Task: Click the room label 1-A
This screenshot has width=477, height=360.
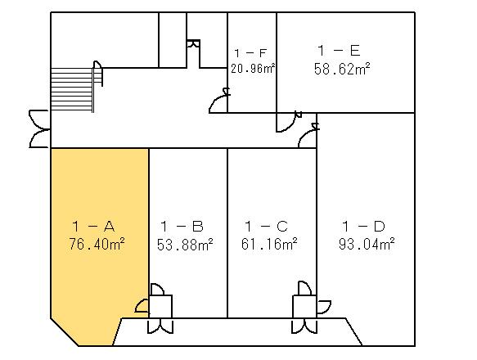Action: click(94, 227)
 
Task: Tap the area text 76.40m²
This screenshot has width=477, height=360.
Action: click(97, 244)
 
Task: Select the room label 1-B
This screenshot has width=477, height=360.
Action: click(182, 227)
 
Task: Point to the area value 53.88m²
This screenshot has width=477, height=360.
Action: click(185, 244)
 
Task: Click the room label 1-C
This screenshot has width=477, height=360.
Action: click(266, 227)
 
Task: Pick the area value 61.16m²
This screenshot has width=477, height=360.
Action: click(269, 244)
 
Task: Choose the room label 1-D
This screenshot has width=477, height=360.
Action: click(363, 227)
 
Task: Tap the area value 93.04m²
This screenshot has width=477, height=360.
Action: click(367, 244)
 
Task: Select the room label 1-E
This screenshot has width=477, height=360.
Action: click(339, 51)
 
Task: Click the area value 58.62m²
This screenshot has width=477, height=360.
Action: click(342, 69)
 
